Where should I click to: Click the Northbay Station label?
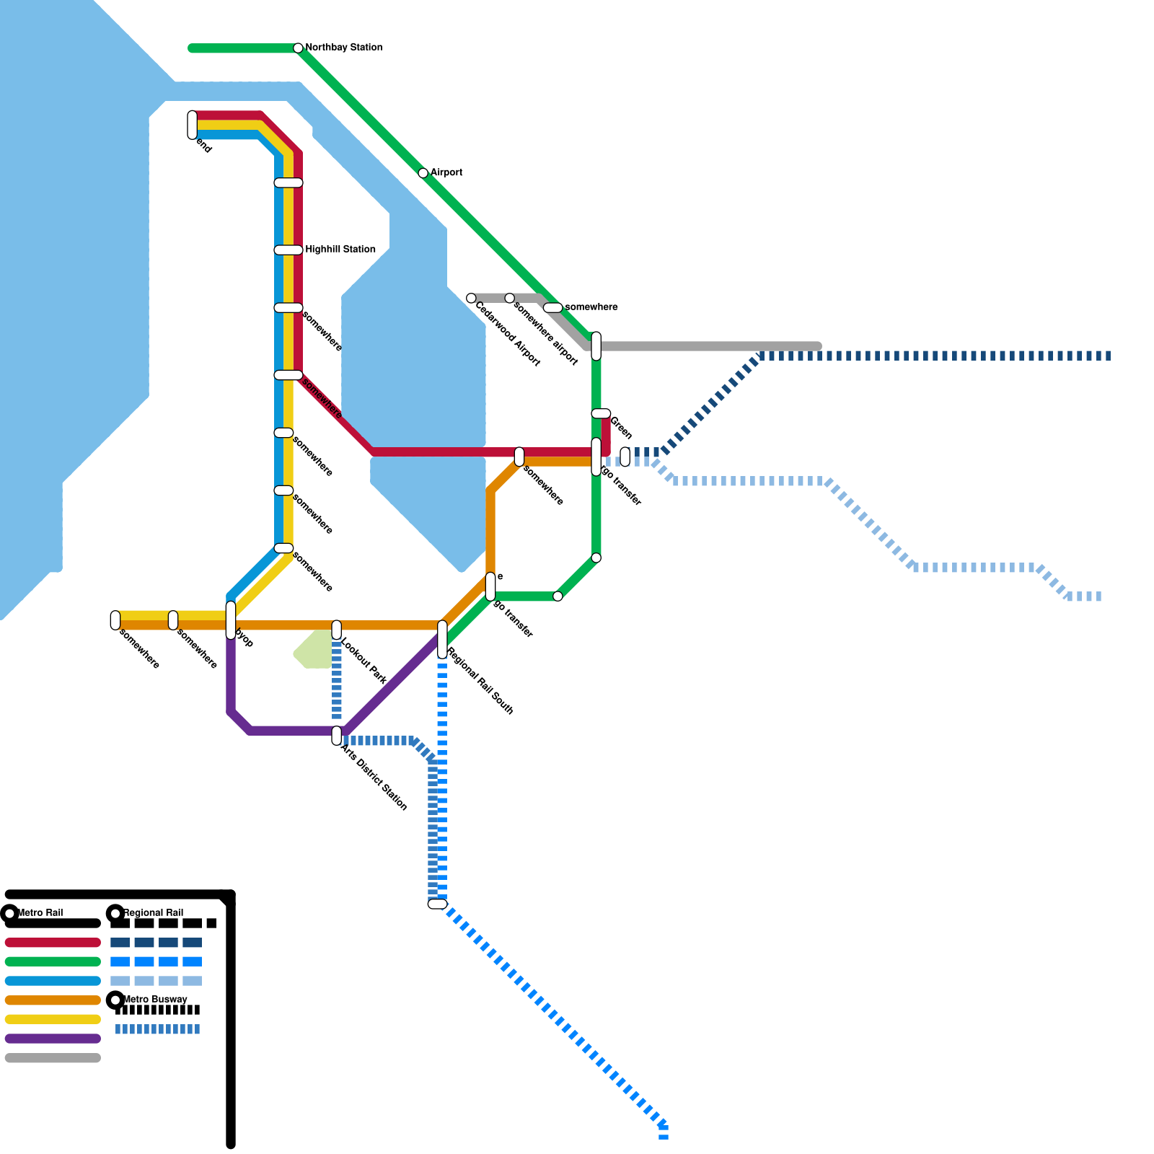(343, 48)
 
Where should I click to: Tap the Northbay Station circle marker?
(298, 48)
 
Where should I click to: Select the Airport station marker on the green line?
(423, 173)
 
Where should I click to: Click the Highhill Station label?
(340, 250)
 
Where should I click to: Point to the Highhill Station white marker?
(288, 250)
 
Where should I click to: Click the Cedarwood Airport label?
(507, 333)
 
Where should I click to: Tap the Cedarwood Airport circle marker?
(471, 298)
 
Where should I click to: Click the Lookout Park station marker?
(336, 630)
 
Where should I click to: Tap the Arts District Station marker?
(336, 736)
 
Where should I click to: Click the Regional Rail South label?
(480, 681)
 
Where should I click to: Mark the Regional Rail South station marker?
(442, 639)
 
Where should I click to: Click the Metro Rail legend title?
(40, 913)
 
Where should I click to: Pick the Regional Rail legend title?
(153, 913)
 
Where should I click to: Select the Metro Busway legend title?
(155, 1000)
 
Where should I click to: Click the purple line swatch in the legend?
(53, 1039)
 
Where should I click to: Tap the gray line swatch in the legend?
(53, 1058)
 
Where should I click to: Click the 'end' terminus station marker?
(192, 125)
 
